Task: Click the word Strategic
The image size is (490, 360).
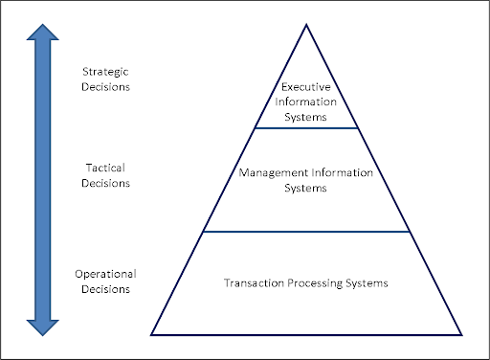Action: click(x=106, y=72)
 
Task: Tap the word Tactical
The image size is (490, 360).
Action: click(x=106, y=168)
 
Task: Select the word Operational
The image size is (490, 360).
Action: click(x=106, y=274)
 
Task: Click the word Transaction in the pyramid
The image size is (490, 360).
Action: click(x=253, y=283)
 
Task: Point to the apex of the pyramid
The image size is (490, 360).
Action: click(x=306, y=23)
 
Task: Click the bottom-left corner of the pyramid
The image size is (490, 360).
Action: click(x=152, y=334)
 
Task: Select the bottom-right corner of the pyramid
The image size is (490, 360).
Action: click(x=461, y=334)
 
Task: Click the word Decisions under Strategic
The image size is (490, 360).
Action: click(x=106, y=86)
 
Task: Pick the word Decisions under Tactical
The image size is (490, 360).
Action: click(x=106, y=182)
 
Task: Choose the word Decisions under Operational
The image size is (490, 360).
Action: click(x=106, y=288)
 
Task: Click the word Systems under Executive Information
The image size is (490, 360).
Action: click(x=306, y=117)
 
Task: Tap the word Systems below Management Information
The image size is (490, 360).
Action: click(x=306, y=188)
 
